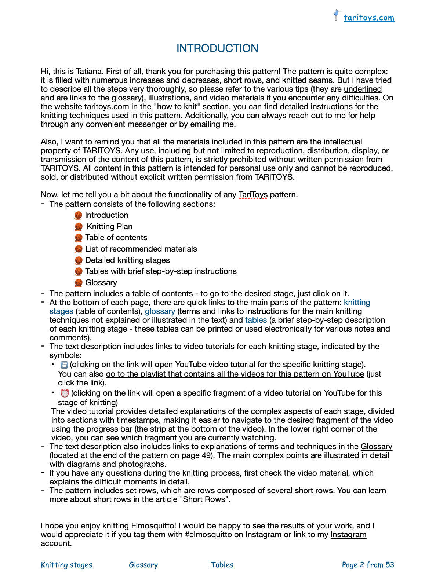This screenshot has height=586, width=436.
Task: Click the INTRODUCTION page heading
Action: point(217,48)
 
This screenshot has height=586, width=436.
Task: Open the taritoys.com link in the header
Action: point(369,18)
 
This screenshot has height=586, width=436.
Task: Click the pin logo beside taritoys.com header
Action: point(337,15)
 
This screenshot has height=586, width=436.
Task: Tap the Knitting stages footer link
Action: point(66,565)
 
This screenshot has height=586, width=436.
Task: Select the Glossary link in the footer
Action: point(143,565)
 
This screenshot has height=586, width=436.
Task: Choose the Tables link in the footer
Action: point(222,565)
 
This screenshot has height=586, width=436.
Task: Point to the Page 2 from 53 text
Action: point(368,565)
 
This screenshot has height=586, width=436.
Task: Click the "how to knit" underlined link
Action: point(177,107)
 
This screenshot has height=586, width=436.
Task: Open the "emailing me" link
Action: point(212,124)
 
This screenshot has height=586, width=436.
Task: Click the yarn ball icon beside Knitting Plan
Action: point(79,227)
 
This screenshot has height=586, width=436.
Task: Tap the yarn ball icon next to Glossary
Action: point(79,283)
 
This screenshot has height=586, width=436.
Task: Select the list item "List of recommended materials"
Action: point(141,249)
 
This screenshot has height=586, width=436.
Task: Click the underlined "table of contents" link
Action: point(162,294)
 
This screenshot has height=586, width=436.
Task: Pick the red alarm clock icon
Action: point(65,393)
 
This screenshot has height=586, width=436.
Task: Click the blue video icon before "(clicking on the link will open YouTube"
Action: point(64,365)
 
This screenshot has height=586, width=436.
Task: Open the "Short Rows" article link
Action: point(204,499)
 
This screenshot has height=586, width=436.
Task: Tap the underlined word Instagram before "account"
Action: point(348,535)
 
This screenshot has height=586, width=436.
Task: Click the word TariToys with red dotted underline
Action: point(253,195)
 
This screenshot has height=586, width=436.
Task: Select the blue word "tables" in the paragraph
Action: point(256,320)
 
